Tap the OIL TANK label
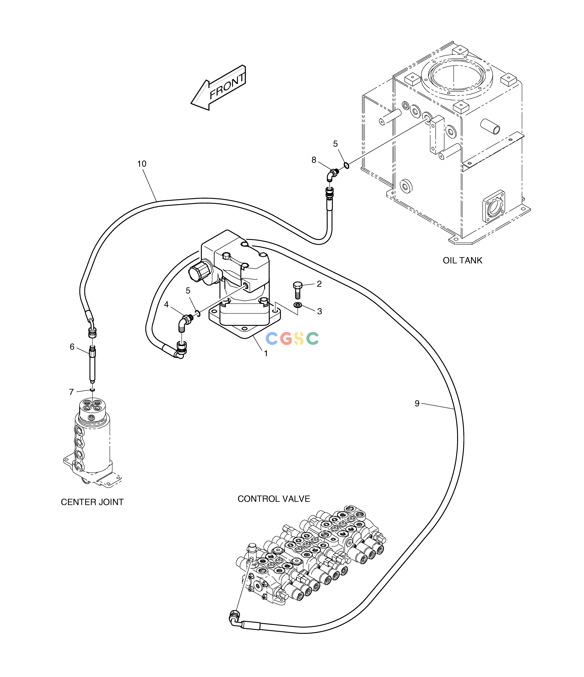462,260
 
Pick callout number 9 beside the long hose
417,403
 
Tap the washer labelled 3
297,305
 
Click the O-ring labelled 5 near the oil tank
346,166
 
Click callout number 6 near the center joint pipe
72,347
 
